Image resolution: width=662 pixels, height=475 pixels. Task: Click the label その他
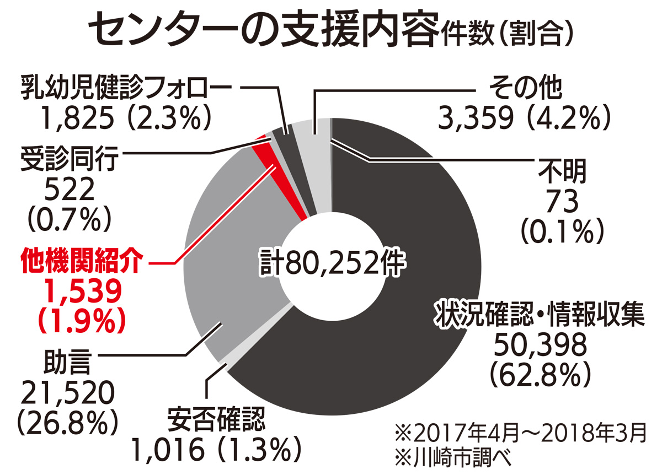tap(525, 87)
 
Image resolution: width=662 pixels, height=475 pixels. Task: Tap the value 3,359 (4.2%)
tap(524, 117)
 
